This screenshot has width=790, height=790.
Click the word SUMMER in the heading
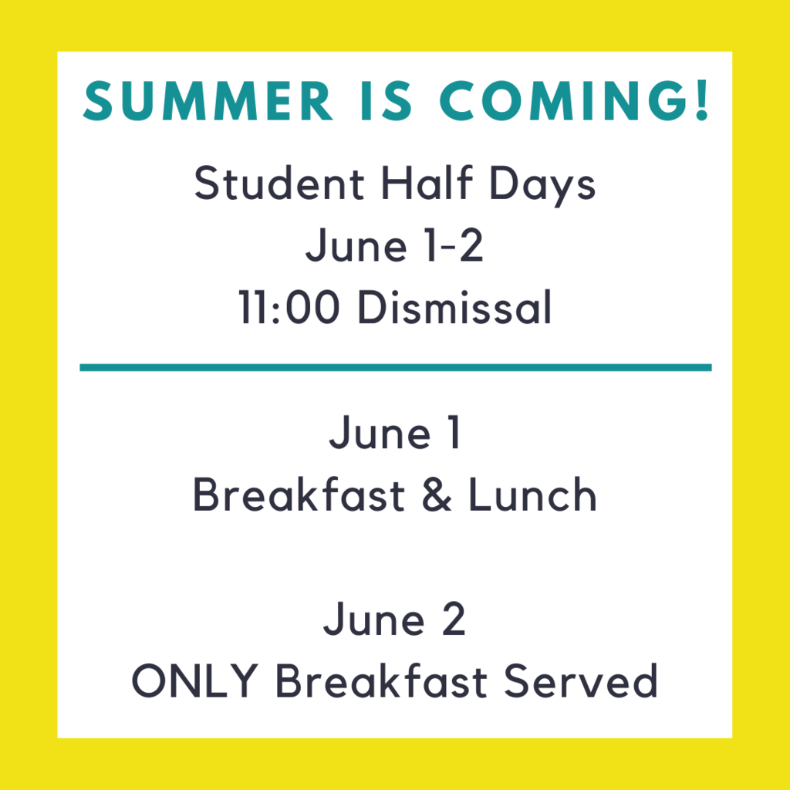208,101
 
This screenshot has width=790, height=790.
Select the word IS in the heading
387,101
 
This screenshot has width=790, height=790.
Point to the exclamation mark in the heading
702,101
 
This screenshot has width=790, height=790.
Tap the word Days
542,185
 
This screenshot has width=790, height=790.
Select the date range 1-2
454,245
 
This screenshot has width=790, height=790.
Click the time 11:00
289,306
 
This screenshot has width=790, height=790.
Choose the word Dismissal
455,306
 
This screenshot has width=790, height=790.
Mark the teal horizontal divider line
396,367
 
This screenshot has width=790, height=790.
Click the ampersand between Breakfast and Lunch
437,495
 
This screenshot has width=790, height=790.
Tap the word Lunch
532,494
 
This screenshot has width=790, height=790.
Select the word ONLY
195,680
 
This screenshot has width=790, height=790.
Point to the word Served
581,680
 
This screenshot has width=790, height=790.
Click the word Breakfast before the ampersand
299,494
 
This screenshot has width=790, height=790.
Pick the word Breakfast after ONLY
381,680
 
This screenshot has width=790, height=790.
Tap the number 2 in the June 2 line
454,619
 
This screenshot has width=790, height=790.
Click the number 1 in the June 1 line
454,432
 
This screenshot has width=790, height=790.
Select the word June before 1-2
356,246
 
